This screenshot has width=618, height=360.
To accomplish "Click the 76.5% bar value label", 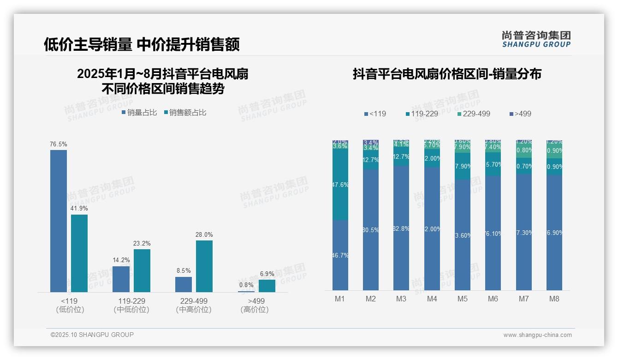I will coord(59,144).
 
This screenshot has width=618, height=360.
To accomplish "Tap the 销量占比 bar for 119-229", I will coord(121,279).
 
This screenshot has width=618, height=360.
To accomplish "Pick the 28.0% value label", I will coord(204,235).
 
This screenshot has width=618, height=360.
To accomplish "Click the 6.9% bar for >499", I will coord(267,286).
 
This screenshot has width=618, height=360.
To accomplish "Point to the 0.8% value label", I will coord(246,285).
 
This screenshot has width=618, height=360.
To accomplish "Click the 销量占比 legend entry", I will coord(139,113).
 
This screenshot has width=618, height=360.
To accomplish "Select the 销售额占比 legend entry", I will coord(185,113).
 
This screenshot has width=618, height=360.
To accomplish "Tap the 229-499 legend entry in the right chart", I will coord(474,114).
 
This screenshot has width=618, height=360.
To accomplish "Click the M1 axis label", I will coord(340,299).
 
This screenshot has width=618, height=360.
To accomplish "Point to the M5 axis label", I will coord(463,299).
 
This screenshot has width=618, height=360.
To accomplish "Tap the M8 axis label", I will coord(554,299).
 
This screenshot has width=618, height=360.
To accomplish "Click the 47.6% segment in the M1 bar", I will coord(340,185).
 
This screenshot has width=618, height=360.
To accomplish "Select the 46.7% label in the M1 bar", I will coord(340,255).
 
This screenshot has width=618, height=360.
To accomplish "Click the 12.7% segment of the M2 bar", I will coord(371,160).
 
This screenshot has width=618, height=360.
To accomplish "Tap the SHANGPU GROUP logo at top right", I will coord(536,39).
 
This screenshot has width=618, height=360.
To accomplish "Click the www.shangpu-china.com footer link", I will coord(537,335).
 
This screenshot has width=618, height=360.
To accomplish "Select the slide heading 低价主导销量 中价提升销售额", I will coord(142,44).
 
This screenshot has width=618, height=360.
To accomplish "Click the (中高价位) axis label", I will coord(194,310).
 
